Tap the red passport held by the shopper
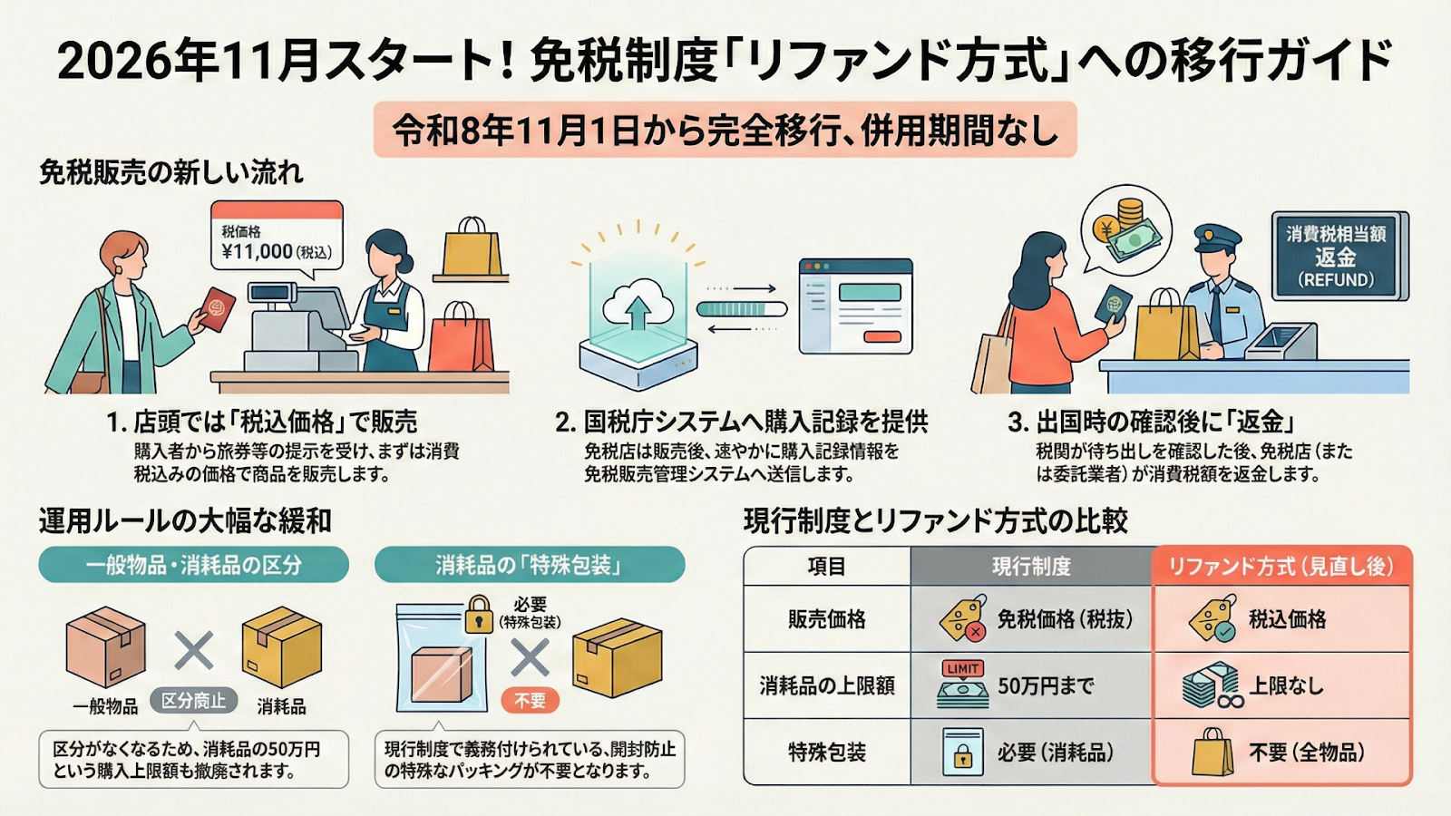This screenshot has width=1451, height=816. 216,309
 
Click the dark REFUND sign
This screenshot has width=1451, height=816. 1336,257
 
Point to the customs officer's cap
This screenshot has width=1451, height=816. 1217,238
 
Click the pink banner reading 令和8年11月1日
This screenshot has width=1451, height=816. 725,131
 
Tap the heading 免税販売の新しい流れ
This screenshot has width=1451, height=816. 170,172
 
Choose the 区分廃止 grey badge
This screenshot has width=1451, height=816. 193,700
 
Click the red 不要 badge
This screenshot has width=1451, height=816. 530,700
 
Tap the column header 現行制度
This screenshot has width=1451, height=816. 1031,567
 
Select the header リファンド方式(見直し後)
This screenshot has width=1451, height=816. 1281,567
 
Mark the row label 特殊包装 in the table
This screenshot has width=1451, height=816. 826,753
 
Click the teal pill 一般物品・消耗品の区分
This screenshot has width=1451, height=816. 193,565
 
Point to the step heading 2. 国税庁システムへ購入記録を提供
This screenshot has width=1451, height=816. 741,422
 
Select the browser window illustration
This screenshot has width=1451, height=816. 855,306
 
